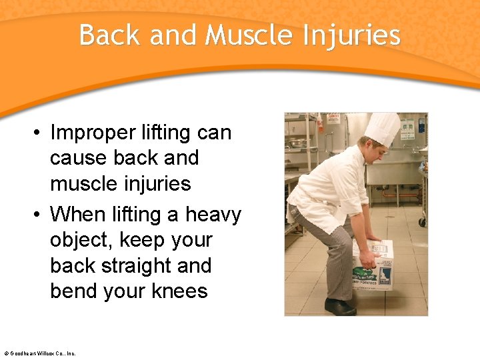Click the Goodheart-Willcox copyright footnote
click(39, 353)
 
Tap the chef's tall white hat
click(382, 128)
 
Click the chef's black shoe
click(340, 307)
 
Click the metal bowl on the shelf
click(297, 142)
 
